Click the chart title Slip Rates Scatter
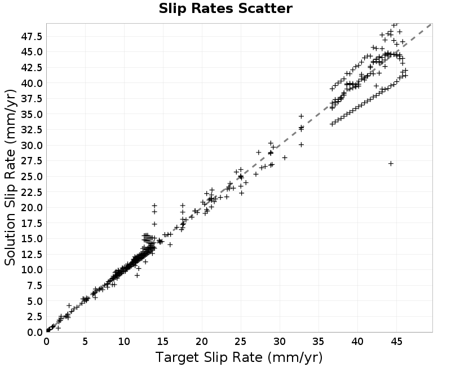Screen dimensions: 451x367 [225, 8]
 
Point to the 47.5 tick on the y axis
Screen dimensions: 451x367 [32, 36]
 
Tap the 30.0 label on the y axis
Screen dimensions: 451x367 [32, 145]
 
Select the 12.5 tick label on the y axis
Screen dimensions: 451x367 [32, 254]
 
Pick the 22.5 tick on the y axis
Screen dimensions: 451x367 [32, 192]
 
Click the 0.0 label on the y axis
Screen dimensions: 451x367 [34, 332]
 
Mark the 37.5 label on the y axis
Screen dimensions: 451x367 [32, 98]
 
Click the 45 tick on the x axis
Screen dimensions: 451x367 [396, 342]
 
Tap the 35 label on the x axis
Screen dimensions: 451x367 [319, 342]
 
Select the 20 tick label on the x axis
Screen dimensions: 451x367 [202, 342]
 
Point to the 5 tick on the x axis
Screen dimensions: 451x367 [85, 342]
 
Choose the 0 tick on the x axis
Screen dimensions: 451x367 [46, 342]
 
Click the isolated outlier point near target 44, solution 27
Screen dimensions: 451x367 [391, 164]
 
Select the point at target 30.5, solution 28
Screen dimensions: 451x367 [285, 158]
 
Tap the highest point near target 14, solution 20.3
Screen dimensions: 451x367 [154, 206]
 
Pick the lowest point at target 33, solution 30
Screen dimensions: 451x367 [301, 145]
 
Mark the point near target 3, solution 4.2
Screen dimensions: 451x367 [69, 305]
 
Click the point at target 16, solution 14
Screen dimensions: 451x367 [170, 244]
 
